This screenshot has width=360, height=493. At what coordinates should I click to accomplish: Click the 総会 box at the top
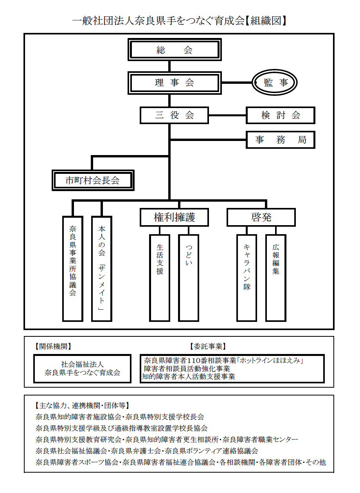click(x=175, y=49)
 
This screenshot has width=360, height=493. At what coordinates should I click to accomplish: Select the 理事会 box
click(x=175, y=83)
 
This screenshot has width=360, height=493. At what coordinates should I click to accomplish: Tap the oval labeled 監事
click(x=274, y=83)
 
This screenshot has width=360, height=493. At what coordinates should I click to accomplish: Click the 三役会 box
click(x=174, y=116)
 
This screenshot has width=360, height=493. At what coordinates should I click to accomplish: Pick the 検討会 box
click(x=281, y=116)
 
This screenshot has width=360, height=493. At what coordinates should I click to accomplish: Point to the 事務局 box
click(x=281, y=140)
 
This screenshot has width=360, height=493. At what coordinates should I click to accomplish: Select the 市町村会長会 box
click(x=93, y=180)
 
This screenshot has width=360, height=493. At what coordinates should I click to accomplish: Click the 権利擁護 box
click(x=174, y=217)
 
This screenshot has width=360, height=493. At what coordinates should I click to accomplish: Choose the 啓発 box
click(x=261, y=217)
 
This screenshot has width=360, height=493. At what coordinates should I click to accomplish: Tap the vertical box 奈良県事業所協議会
click(x=72, y=269)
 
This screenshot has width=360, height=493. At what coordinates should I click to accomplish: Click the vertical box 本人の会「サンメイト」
click(x=102, y=269)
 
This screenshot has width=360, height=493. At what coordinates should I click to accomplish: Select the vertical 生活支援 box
click(x=160, y=278)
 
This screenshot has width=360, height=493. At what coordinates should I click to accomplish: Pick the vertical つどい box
click(x=189, y=278)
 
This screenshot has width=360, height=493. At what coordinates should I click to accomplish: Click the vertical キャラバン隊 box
click(x=247, y=278)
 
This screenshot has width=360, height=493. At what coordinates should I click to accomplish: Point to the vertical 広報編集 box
click(x=276, y=278)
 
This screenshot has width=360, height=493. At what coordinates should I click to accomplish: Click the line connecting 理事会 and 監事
click(x=237, y=83)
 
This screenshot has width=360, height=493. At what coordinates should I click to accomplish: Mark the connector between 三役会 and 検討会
click(x=227, y=115)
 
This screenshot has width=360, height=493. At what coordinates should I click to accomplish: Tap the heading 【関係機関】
click(x=53, y=347)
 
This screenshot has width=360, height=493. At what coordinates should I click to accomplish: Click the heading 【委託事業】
click(x=208, y=347)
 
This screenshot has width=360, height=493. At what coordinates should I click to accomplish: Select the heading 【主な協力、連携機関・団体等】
click(x=82, y=405)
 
